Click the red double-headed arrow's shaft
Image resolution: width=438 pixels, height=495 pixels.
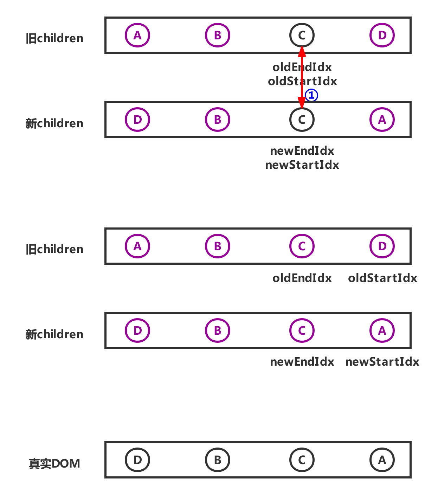coord(302,77)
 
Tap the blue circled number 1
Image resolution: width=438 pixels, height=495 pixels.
coord(311,95)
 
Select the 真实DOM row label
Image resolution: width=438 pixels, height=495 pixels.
coord(54,464)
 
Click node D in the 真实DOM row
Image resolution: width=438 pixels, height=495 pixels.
coord(137,459)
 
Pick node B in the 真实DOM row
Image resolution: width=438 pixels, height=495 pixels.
coord(218,459)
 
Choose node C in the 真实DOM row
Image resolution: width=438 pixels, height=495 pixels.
coord(302,459)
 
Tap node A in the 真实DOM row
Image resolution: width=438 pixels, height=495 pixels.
coord(382,459)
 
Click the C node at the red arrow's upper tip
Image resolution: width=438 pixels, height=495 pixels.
coord(302,35)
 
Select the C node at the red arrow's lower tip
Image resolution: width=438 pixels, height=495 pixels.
coord(302,120)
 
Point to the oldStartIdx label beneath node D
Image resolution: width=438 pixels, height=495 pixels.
coord(382,278)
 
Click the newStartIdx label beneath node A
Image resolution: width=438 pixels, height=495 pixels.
coord(382,361)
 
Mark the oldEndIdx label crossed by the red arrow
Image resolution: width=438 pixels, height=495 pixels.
coord(302,67)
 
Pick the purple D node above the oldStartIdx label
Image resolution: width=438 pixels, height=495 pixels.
coord(382,246)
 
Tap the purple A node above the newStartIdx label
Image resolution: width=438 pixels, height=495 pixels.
coord(382,330)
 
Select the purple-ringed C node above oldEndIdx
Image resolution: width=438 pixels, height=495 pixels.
coord(302,246)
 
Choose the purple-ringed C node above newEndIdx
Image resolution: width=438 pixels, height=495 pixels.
coord(302,330)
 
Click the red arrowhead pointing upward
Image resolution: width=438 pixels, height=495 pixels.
coord(302,52)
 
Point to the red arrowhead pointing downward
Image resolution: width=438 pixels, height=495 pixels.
coord(302,104)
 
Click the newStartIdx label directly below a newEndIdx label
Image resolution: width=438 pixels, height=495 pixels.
coord(302,165)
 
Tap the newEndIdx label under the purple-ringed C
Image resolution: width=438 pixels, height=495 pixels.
coord(302,361)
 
